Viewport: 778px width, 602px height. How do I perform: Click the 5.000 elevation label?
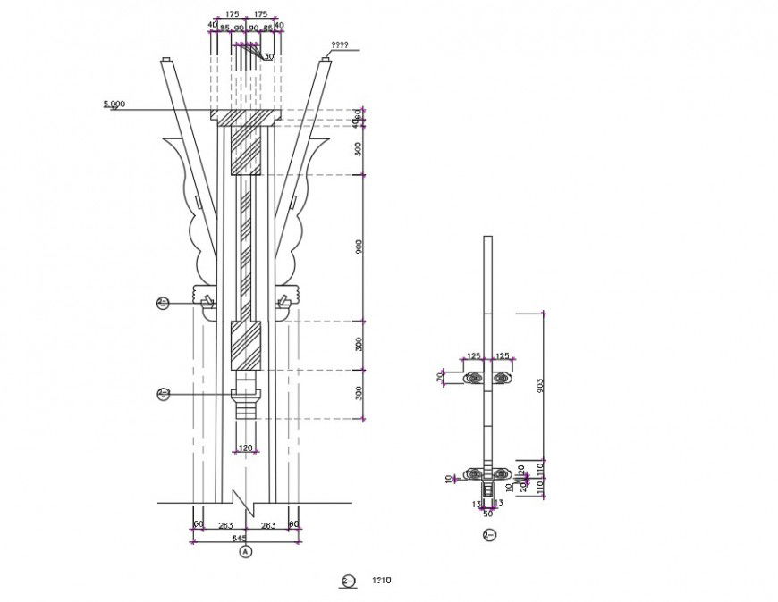[x=114, y=105]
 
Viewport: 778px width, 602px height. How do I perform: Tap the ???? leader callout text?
[x=339, y=46]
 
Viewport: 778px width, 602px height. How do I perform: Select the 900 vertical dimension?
[x=359, y=247]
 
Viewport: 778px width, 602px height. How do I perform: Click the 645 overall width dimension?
[x=239, y=539]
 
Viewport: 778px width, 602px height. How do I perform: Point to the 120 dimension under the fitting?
[x=245, y=447]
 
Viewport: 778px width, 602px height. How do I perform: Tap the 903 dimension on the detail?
[x=540, y=385]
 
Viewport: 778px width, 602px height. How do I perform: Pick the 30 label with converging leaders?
[x=268, y=57]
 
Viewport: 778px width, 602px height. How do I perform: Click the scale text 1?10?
[x=382, y=581]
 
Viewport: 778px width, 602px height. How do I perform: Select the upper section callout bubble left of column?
[x=163, y=303]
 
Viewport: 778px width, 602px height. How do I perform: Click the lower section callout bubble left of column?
[x=164, y=393]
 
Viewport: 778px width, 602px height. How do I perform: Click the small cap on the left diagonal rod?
[x=166, y=61]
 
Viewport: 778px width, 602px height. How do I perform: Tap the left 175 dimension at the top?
[x=232, y=14]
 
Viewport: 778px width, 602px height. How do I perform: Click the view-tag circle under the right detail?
[x=488, y=535]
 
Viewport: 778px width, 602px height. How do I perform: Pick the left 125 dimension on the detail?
[x=474, y=356]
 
